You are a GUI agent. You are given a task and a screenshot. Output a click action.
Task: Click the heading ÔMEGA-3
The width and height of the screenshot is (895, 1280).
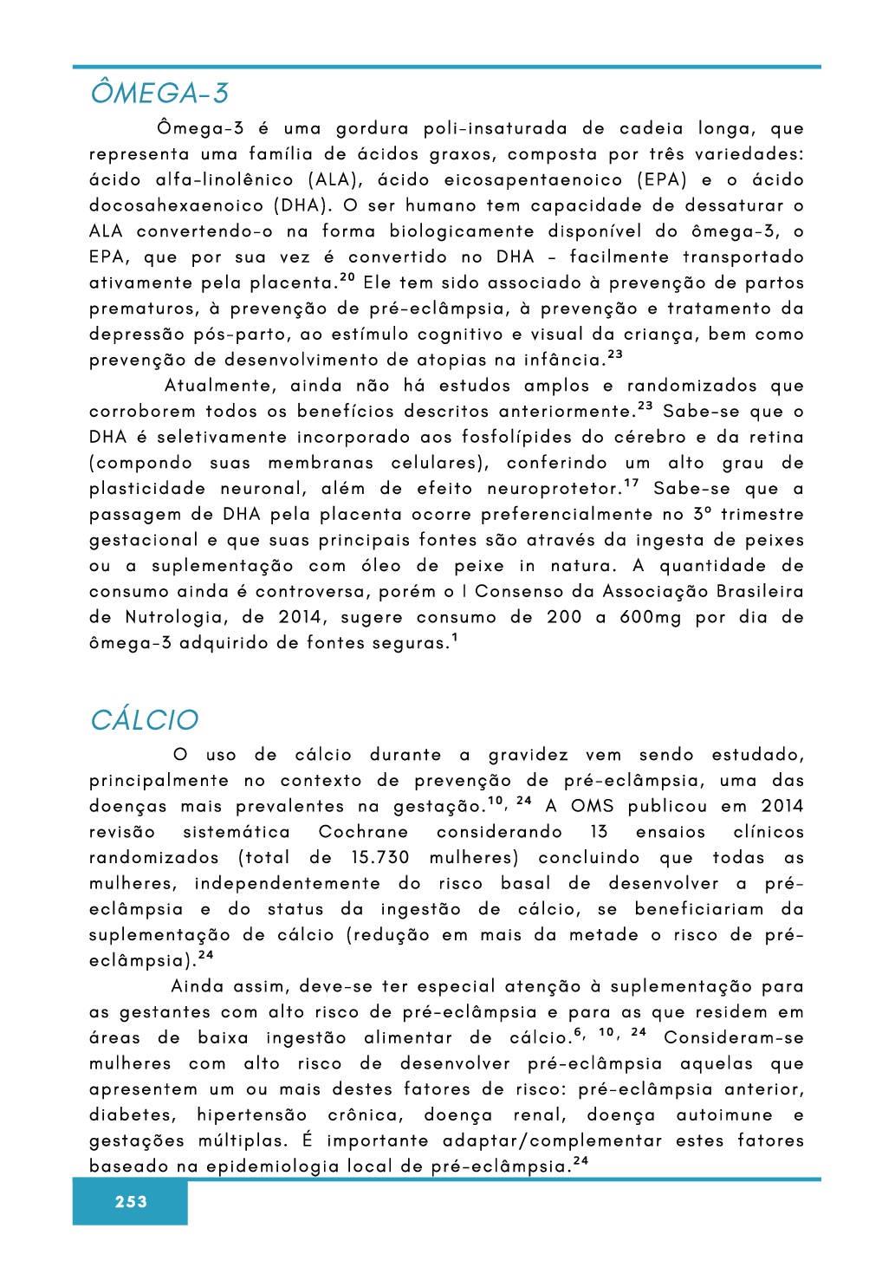click(159, 94)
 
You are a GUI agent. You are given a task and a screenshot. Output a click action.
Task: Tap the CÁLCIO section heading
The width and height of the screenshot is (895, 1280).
click(145, 720)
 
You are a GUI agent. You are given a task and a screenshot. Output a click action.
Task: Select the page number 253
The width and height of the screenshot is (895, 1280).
click(131, 1202)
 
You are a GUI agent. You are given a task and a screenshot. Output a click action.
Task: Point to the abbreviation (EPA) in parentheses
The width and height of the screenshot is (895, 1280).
click(662, 180)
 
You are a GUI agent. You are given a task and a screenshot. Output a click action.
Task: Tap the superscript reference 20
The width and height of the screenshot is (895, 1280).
click(347, 277)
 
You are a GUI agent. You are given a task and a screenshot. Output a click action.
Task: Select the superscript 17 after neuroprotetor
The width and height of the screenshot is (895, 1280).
click(632, 484)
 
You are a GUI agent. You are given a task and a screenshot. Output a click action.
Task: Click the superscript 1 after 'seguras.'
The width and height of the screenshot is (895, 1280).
click(455, 639)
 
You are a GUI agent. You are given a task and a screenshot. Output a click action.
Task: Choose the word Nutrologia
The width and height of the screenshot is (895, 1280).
click(176, 618)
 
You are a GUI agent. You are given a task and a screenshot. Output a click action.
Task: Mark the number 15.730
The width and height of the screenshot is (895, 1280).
click(380, 858)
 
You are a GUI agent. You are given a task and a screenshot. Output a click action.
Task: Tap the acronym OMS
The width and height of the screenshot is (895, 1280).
click(593, 806)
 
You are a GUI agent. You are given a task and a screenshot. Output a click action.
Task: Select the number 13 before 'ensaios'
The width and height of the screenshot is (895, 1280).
click(599, 832)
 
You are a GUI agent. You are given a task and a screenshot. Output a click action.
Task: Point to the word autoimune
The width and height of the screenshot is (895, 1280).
click(724, 1115)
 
